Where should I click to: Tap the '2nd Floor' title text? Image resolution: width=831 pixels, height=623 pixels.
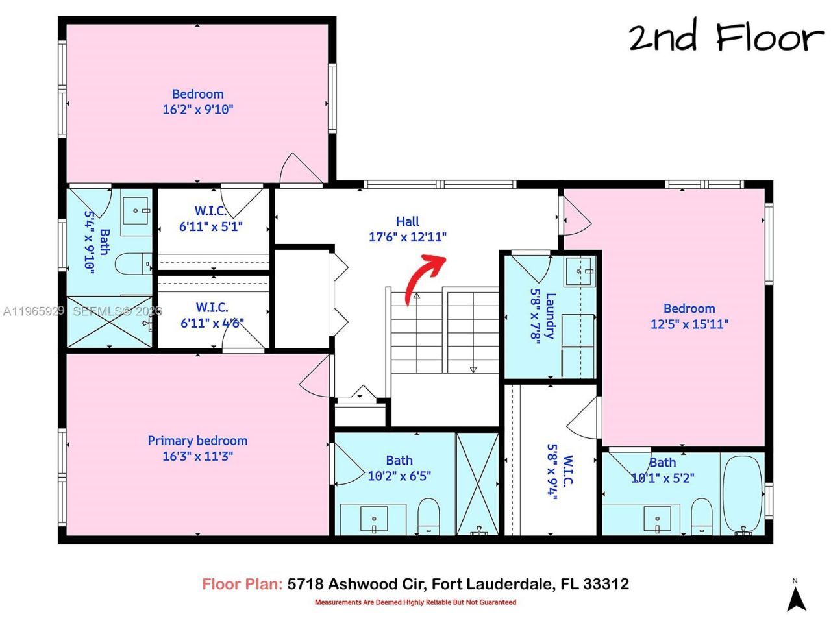[725, 38]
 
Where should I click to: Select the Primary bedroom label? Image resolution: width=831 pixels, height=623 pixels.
[197, 441]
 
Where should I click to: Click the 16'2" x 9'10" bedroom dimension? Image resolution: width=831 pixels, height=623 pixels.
[197, 110]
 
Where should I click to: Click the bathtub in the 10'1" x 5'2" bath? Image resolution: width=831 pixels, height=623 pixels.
[741, 495]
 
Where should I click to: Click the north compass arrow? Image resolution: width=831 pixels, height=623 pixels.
[797, 596]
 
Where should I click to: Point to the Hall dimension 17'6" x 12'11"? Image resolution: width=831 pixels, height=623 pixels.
[408, 237]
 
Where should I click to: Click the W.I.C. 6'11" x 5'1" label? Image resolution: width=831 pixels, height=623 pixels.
[211, 219]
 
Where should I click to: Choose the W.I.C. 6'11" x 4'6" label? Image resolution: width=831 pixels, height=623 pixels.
[212, 315]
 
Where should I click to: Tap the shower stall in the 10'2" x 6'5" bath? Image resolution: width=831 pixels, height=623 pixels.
[478, 483]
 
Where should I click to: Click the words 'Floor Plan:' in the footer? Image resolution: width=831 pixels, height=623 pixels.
[242, 584]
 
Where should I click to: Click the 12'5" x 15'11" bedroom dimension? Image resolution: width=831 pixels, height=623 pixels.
[689, 324]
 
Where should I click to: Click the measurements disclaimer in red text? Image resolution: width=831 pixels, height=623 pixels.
[415, 602]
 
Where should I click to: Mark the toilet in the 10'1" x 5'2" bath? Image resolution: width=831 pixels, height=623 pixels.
[701, 515]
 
